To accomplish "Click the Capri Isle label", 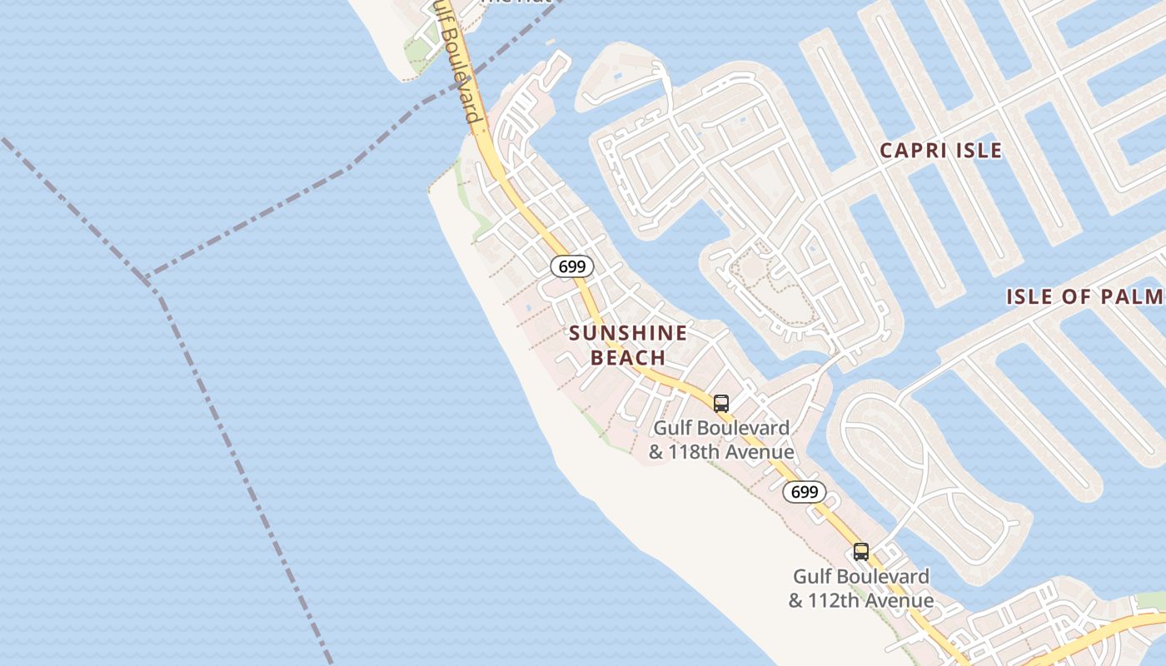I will click(x=940, y=151).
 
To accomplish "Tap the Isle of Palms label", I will click(x=1085, y=297).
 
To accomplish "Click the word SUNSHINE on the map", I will click(x=628, y=334).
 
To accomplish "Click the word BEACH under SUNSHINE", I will click(x=628, y=358).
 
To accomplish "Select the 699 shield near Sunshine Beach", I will click(x=572, y=266).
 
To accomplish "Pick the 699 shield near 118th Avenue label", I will click(x=804, y=492).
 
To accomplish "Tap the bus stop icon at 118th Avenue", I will click(x=721, y=404).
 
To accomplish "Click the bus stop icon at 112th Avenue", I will click(x=860, y=552).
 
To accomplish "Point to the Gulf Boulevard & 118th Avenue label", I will click(x=721, y=440).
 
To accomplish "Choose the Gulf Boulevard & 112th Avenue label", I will click(x=861, y=588).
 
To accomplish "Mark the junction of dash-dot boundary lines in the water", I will click(x=147, y=281).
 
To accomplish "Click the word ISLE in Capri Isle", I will click(x=979, y=151).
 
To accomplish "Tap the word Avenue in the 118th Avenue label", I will click(x=760, y=453).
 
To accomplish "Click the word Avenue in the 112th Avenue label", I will click(x=899, y=601).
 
